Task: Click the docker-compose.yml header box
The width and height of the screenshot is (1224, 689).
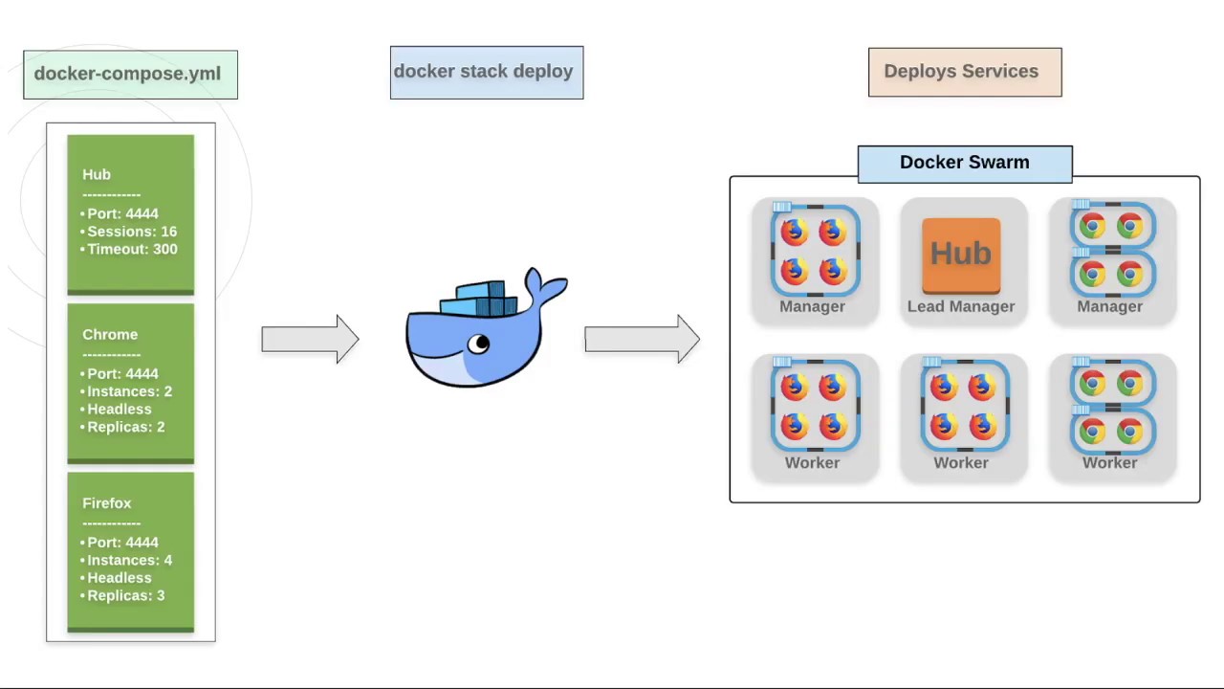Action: coord(130,75)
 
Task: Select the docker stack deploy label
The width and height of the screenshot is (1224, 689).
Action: coord(486,72)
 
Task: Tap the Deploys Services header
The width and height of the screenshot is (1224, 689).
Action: coord(964,72)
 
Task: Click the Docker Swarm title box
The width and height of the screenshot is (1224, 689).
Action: coord(964,163)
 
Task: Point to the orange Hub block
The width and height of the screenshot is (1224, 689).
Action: coord(960,255)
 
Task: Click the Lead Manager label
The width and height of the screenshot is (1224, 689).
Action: coord(960,306)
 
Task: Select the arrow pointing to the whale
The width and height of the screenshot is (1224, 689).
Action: coord(310,339)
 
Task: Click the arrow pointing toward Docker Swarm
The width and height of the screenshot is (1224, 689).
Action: coord(642,339)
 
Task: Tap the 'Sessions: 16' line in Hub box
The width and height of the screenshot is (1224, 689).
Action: coord(132,232)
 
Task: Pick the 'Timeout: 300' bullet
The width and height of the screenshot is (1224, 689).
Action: coord(132,249)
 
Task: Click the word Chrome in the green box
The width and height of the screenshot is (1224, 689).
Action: coord(110,334)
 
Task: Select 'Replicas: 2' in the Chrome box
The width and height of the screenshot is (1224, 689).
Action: coord(125,427)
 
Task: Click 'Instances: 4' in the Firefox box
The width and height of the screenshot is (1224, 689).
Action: coord(129,560)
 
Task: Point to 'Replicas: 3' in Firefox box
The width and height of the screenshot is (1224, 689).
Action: coord(125,595)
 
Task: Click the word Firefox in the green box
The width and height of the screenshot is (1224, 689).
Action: coord(106,502)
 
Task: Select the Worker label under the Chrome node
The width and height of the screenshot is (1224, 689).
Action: coord(1109,462)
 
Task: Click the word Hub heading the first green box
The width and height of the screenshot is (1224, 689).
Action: coord(96,174)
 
